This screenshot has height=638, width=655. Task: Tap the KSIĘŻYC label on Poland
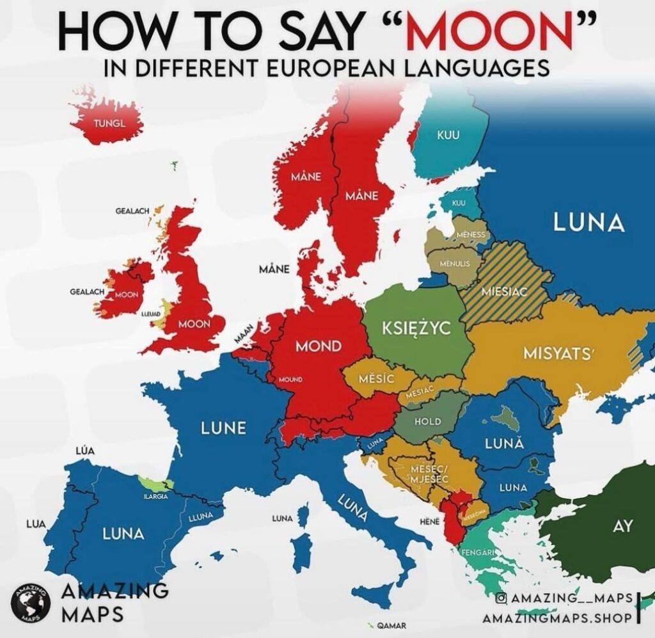click(416, 328)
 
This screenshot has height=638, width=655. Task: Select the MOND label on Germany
click(318, 346)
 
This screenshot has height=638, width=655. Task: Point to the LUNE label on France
click(223, 428)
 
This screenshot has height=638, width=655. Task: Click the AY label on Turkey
click(622, 527)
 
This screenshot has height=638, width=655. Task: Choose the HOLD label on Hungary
click(428, 421)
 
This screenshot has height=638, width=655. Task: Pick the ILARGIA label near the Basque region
click(155, 495)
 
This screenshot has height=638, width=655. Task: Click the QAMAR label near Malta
click(390, 625)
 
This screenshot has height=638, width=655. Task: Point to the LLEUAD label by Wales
click(150, 315)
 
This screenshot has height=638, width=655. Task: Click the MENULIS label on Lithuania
click(455, 263)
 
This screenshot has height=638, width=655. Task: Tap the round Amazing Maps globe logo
click(30, 602)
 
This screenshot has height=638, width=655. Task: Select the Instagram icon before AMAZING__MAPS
click(502, 598)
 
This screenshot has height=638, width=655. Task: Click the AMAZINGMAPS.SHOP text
click(557, 619)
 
